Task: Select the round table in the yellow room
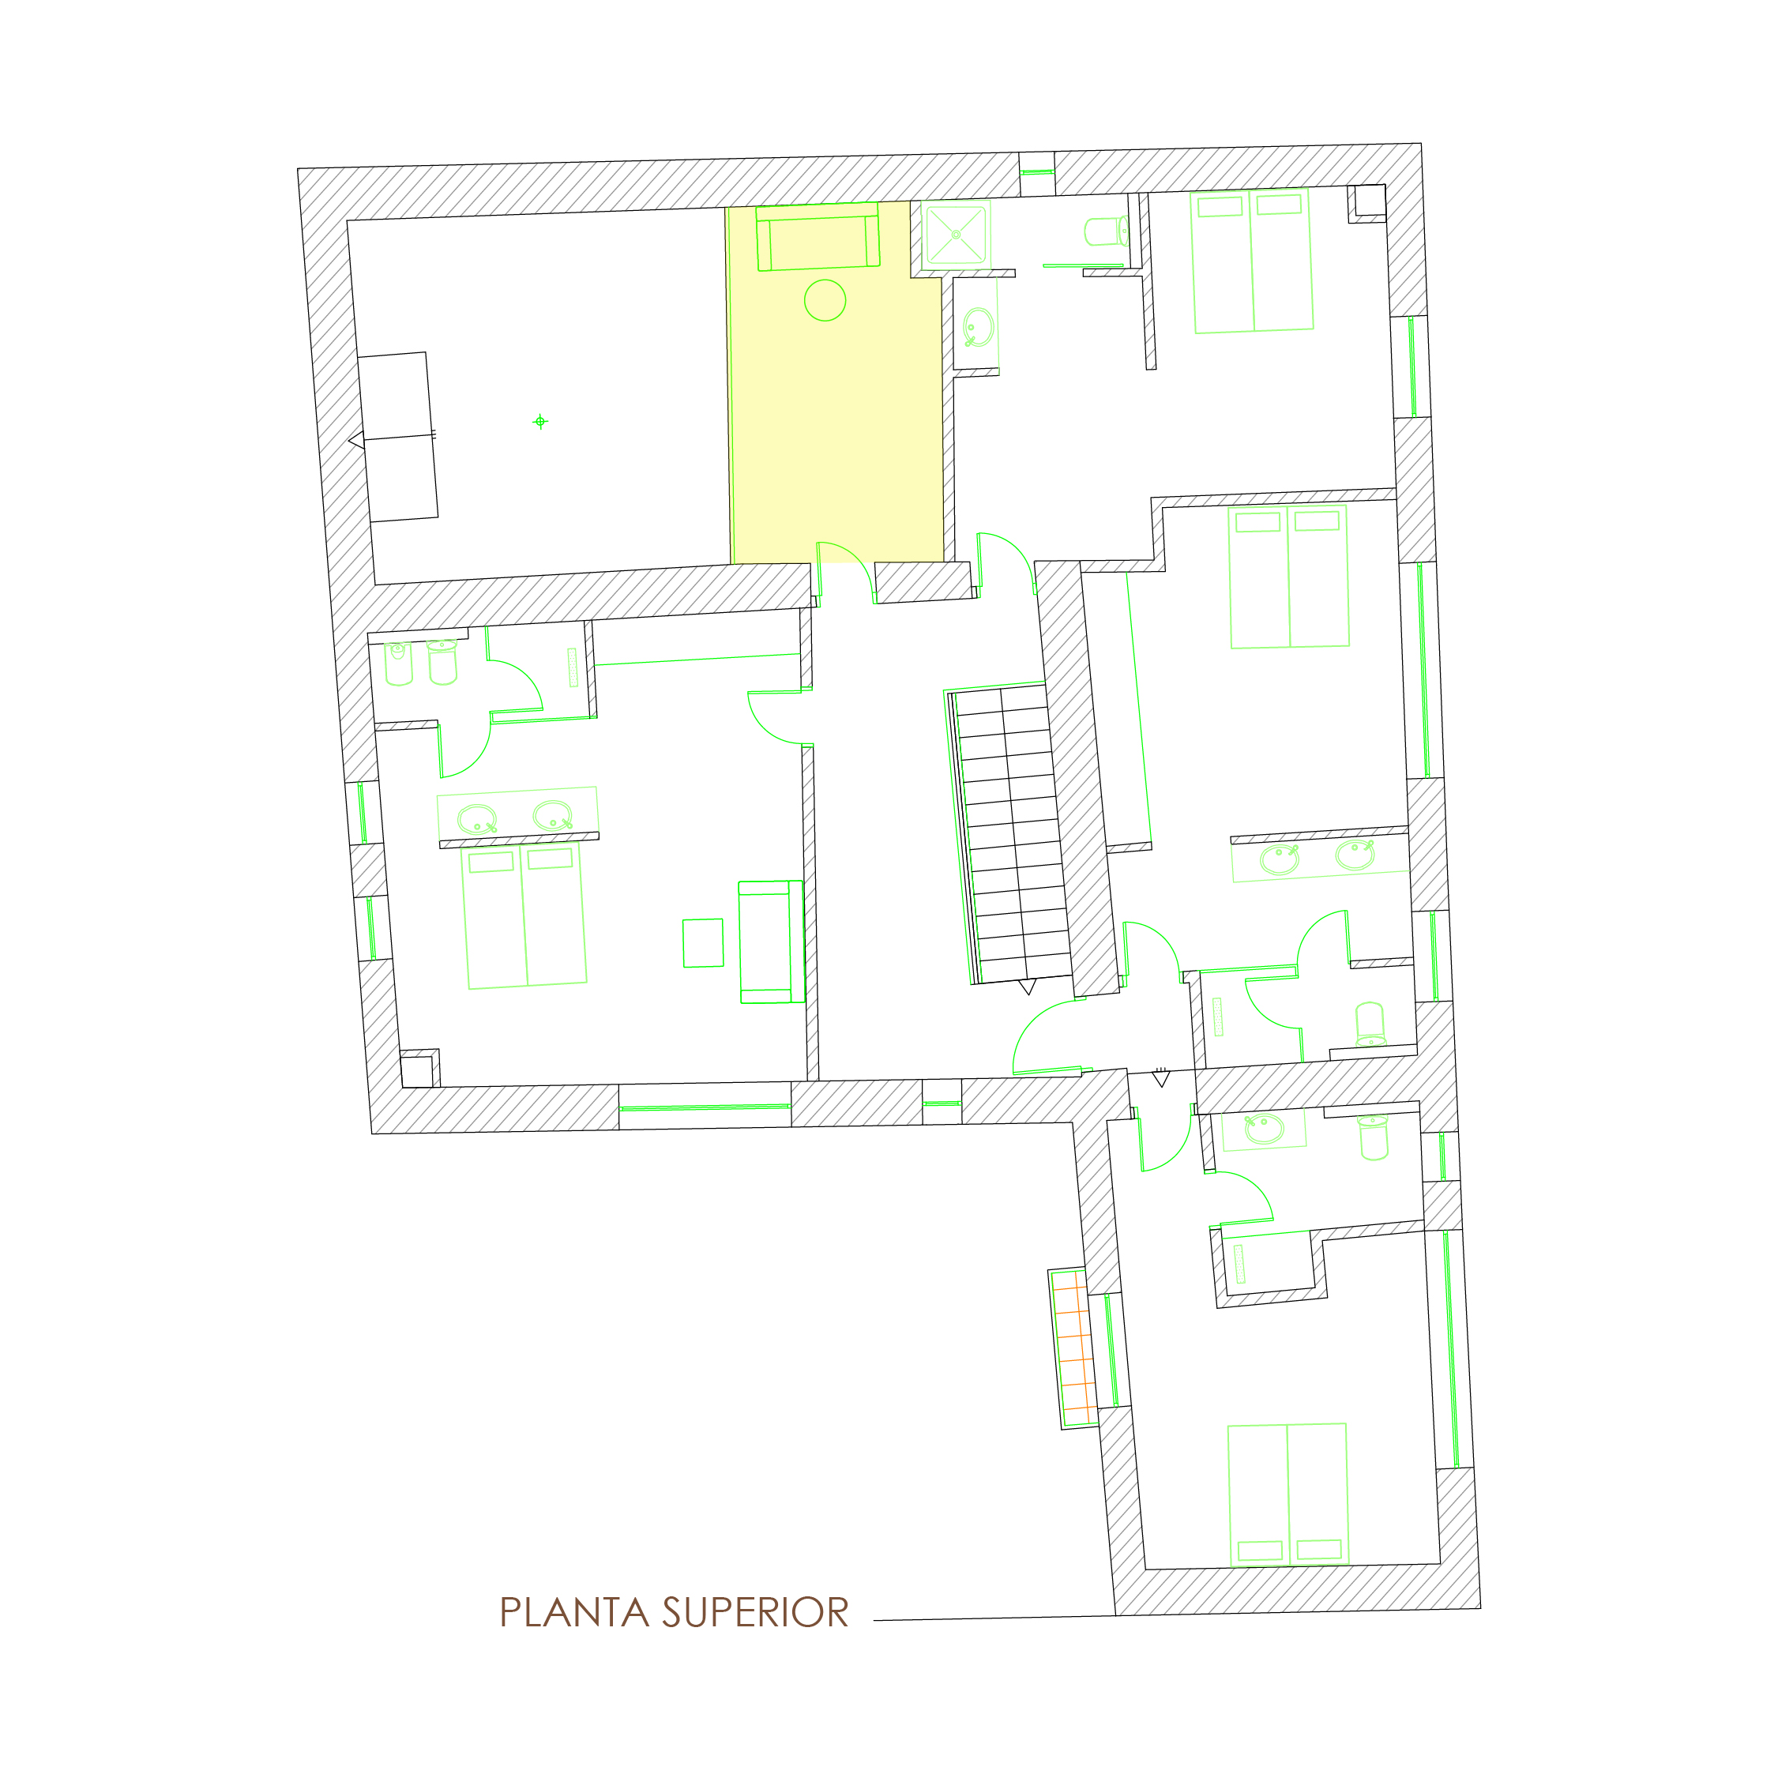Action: pyautogui.click(x=825, y=300)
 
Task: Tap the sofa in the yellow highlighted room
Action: pyautogui.click(x=818, y=238)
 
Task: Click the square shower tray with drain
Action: pyautogui.click(x=957, y=234)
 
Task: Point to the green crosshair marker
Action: pyautogui.click(x=540, y=422)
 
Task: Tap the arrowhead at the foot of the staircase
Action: pyautogui.click(x=1028, y=987)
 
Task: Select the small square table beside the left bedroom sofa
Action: pyautogui.click(x=703, y=943)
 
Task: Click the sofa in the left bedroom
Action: pyautogui.click(x=771, y=942)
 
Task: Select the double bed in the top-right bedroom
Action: pyautogui.click(x=1252, y=261)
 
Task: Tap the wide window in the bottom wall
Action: pyautogui.click(x=705, y=1107)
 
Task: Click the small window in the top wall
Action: pyautogui.click(x=1036, y=171)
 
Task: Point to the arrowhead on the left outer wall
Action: pyautogui.click(x=356, y=442)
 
